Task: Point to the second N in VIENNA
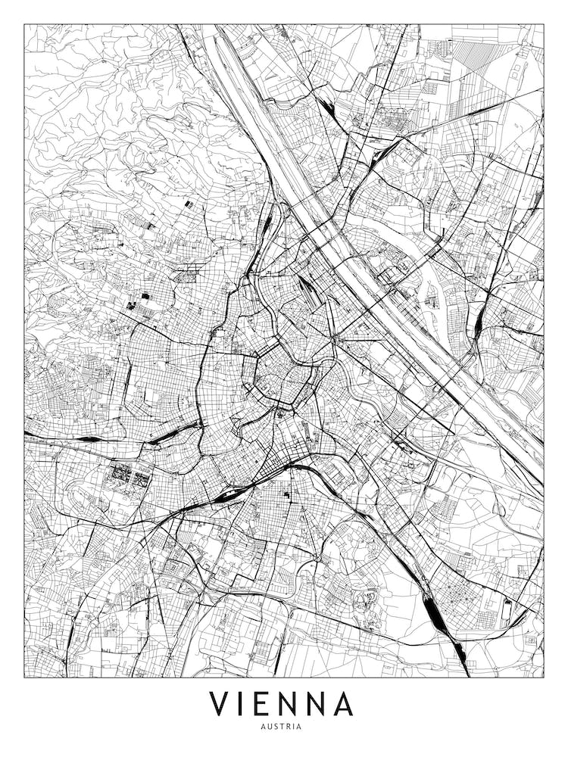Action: [x=319, y=703]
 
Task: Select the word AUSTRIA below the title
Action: [x=284, y=727]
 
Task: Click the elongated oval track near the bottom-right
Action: [x=507, y=606]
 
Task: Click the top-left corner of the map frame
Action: [x=24, y=24]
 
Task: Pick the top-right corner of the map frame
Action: [x=544, y=24]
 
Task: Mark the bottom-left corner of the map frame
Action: [x=24, y=677]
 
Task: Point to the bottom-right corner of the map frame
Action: [x=544, y=677]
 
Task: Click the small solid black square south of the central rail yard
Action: [x=287, y=494]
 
